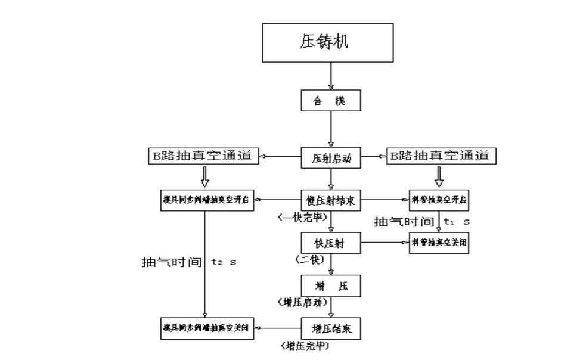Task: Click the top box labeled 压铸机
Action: coord(328,42)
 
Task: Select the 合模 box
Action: coord(331,101)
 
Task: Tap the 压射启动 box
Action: coord(331,158)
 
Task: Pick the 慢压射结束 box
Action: coord(331,201)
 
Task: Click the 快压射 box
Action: coord(331,243)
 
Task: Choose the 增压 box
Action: coord(331,285)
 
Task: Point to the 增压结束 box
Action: coord(331,328)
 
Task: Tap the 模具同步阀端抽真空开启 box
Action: coord(204,201)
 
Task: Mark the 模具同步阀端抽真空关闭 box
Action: coord(204,328)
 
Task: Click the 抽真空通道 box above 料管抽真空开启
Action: coord(442,157)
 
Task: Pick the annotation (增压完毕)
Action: coord(305,345)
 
